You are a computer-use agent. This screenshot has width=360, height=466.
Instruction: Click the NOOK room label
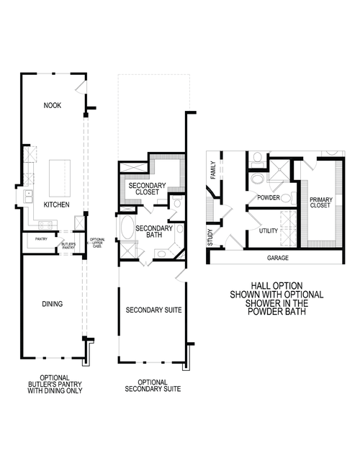tap(53, 106)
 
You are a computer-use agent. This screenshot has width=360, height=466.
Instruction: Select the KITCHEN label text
tap(56, 205)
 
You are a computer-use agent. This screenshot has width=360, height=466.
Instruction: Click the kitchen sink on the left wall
tap(29, 194)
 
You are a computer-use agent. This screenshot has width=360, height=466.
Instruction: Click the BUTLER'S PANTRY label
tap(68, 245)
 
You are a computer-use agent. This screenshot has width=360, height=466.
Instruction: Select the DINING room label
tap(52, 304)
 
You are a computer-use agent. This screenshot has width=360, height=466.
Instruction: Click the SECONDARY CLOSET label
tap(148, 189)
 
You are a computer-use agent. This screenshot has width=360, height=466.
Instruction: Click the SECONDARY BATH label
tap(154, 232)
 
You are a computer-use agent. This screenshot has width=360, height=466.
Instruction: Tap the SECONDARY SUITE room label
tap(153, 310)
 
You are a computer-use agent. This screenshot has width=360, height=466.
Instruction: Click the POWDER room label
tap(268, 197)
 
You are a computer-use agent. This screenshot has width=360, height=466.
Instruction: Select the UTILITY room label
tap(269, 230)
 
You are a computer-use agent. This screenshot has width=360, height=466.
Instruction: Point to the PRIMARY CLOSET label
tap(320, 202)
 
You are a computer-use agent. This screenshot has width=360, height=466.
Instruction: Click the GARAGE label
tap(277, 256)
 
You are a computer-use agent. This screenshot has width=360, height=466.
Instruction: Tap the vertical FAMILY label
tap(213, 171)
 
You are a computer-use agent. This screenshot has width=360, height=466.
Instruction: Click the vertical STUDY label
tap(210, 238)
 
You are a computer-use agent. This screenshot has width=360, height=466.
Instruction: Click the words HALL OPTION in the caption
tap(276, 285)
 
